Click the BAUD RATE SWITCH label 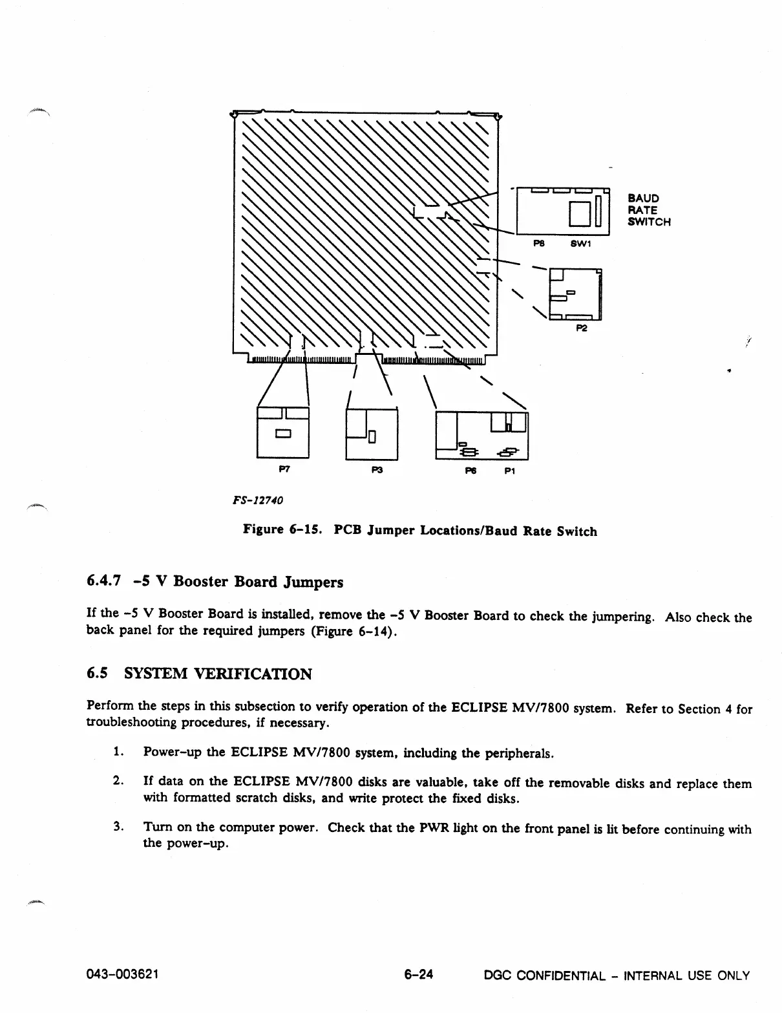pyautogui.click(x=649, y=210)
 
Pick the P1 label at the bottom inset pyautogui.click(x=510, y=471)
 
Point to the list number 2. pyautogui.click(x=118, y=783)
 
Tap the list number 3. pyautogui.click(x=118, y=827)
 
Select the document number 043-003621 pyautogui.click(x=122, y=975)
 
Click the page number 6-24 pyautogui.click(x=418, y=975)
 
